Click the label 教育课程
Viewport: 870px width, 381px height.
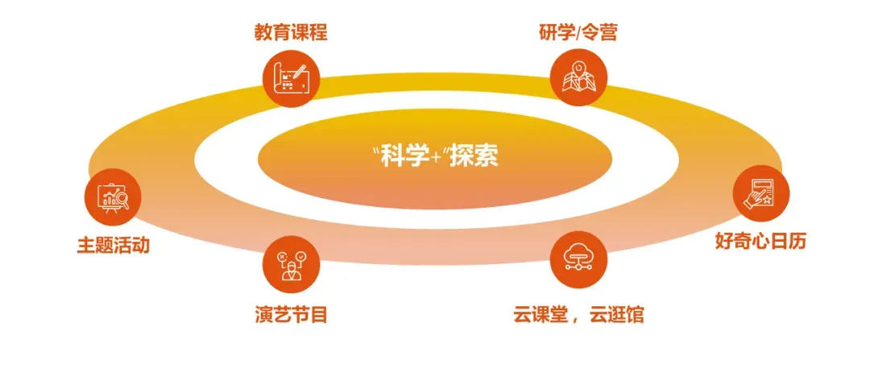[x=291, y=33]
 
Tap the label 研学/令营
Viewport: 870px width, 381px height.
[x=578, y=33]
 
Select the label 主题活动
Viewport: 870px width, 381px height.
[x=113, y=245]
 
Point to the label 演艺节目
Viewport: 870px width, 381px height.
[x=291, y=314]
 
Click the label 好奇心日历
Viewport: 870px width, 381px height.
[x=760, y=240]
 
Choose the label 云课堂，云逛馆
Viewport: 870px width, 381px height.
[x=578, y=314]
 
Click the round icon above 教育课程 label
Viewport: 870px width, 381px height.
[x=291, y=79]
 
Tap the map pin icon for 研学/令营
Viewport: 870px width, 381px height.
[x=578, y=79]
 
